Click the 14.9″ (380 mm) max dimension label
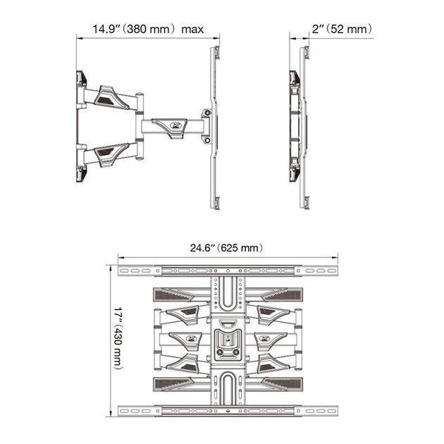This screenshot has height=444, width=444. point(148,29)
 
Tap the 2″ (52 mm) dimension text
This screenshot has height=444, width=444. point(342,29)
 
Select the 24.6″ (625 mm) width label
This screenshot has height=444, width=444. point(226,248)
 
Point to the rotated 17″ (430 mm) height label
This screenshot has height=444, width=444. point(118,338)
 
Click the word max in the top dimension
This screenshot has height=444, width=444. point(192,30)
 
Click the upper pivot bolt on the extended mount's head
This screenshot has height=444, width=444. point(208,113)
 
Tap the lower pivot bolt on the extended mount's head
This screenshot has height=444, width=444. point(208,140)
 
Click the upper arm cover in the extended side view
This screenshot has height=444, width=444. point(111,97)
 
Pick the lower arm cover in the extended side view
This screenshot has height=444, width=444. point(111,154)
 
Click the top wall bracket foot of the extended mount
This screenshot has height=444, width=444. point(81,78)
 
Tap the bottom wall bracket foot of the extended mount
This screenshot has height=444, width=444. point(81,174)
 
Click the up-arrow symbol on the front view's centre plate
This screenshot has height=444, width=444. point(228,338)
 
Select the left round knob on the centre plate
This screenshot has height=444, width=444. point(220,352)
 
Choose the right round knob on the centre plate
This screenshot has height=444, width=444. point(236,352)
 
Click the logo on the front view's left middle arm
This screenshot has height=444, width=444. point(192,338)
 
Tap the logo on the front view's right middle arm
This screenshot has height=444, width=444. point(264,338)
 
